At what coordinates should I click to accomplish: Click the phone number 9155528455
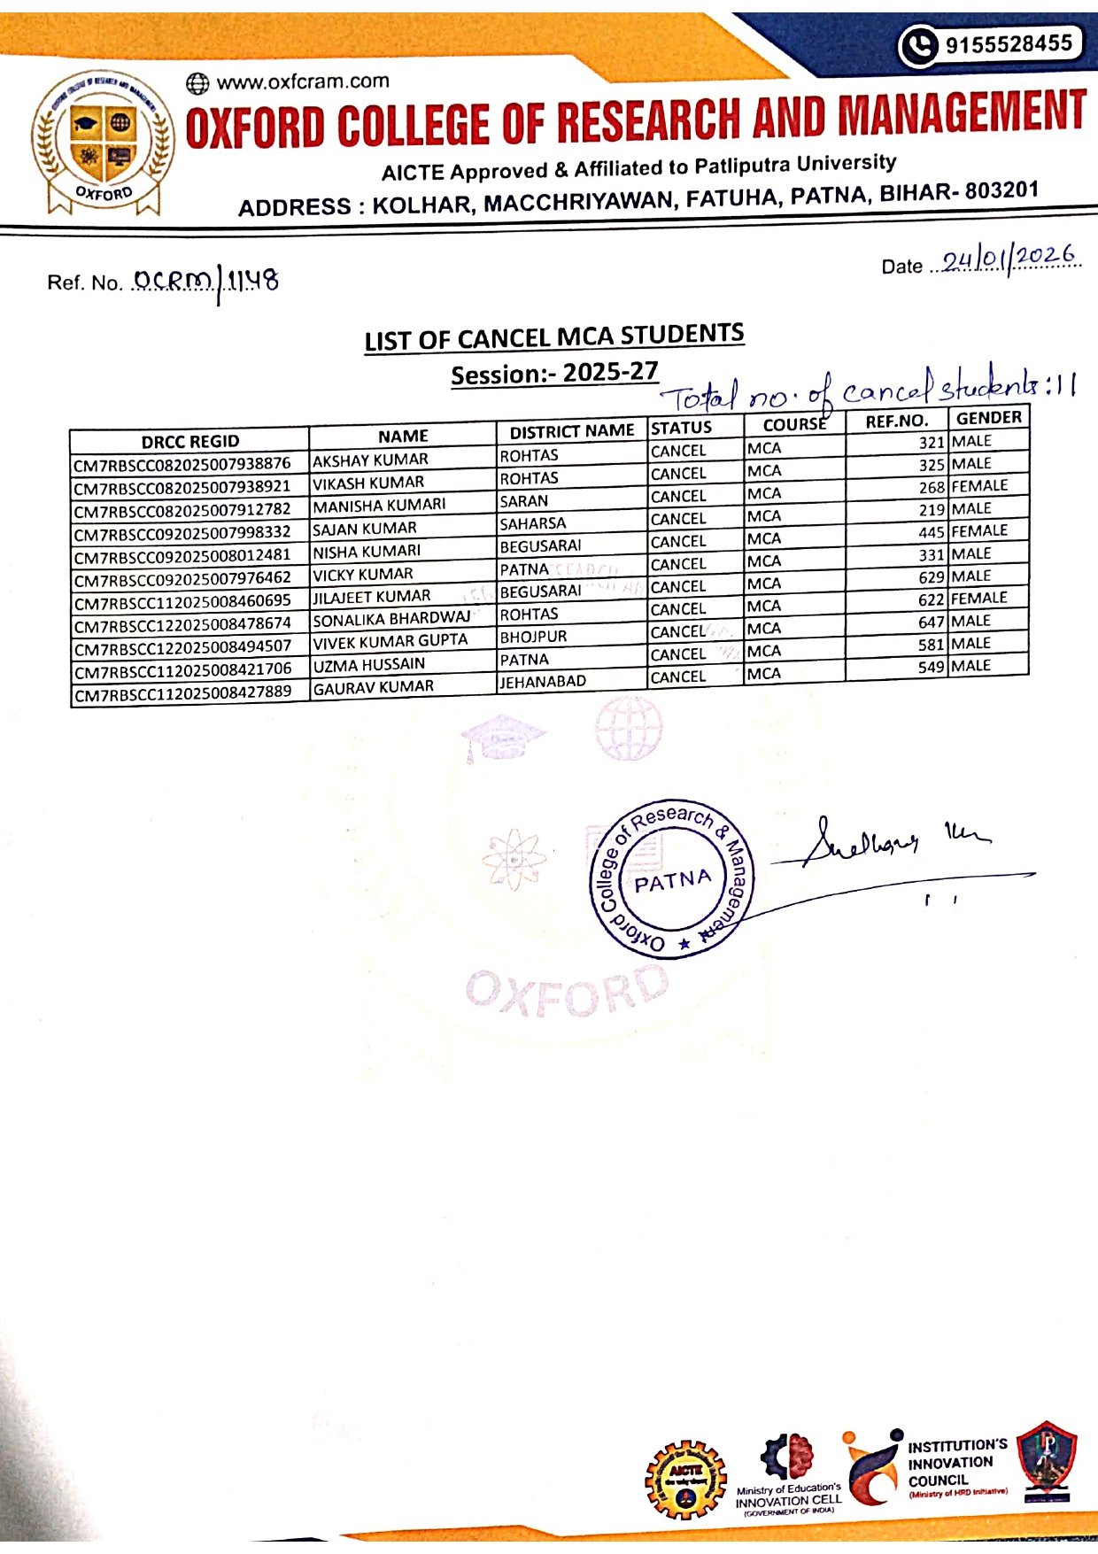[1009, 44]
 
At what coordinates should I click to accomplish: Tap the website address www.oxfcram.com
[302, 81]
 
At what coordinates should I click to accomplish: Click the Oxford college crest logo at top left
[103, 142]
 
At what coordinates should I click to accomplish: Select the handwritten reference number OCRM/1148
[205, 282]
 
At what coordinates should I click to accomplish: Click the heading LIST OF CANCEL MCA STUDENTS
[554, 337]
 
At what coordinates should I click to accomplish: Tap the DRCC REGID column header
[189, 441]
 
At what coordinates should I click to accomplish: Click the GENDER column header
[988, 418]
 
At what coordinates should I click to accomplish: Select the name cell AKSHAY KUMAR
[370, 460]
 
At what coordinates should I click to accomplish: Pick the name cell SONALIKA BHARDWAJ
[391, 618]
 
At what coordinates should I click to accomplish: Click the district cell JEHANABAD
[542, 682]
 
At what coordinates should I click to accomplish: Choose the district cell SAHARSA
[532, 523]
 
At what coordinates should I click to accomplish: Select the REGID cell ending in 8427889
[182, 693]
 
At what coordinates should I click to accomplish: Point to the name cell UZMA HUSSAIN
[368, 664]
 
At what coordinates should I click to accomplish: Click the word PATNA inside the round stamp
[672, 881]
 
